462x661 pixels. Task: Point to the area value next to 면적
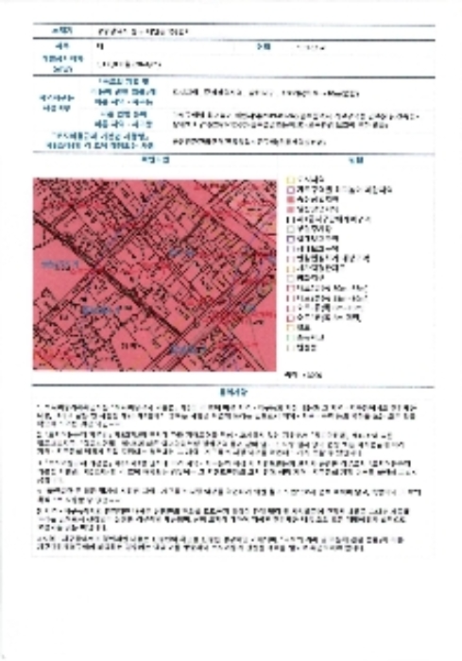point(312,45)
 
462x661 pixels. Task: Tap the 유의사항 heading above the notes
point(231,388)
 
